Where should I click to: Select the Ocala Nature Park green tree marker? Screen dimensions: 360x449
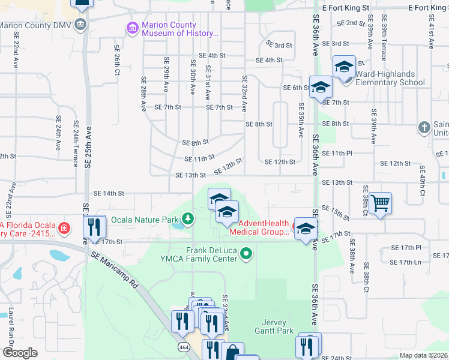188,217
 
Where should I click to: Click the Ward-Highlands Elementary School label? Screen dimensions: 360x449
390,79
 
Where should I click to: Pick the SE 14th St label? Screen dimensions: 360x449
109,193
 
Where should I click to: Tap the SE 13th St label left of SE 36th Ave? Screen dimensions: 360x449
190,175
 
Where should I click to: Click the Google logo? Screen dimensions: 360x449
19,353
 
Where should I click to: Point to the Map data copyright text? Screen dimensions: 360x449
423,355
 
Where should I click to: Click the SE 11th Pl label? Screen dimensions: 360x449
337,153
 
